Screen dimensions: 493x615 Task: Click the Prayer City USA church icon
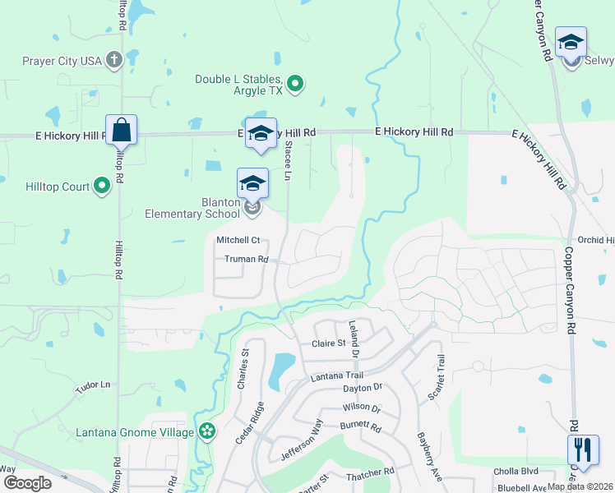[114, 60]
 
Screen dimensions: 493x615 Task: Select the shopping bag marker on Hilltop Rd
[121, 131]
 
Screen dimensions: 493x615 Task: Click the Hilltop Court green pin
[102, 187]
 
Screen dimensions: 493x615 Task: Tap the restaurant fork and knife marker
[582, 450]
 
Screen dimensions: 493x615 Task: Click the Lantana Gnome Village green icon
[207, 431]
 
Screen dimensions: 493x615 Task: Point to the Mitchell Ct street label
[238, 240]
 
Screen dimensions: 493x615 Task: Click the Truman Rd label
[247, 259]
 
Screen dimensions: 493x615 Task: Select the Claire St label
[328, 343]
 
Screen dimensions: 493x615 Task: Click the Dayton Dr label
[363, 387]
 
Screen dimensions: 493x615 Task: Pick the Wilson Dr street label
[361, 408]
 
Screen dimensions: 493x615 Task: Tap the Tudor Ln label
[92, 385]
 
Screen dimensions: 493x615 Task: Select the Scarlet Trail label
[436, 378]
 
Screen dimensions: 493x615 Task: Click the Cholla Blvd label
[516, 472]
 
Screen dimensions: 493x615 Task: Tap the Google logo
[27, 483]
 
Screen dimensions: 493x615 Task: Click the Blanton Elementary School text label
[192, 209]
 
